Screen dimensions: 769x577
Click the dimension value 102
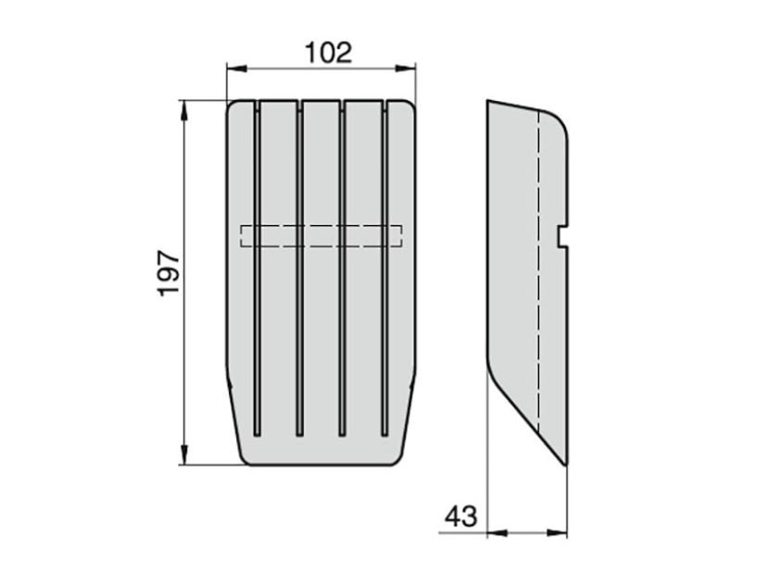[x=329, y=53]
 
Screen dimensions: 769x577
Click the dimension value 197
[x=170, y=272]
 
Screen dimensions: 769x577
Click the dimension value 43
[x=461, y=516]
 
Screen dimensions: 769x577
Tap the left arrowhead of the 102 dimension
[x=236, y=69]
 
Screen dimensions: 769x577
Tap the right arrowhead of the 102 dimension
[x=406, y=69]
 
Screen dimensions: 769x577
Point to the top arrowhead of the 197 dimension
[x=184, y=110]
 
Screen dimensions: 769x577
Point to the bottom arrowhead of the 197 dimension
[x=184, y=455]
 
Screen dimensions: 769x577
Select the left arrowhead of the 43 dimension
[x=497, y=533]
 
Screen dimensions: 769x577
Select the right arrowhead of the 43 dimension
[x=558, y=533]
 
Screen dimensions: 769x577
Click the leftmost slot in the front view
[x=257, y=269]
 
